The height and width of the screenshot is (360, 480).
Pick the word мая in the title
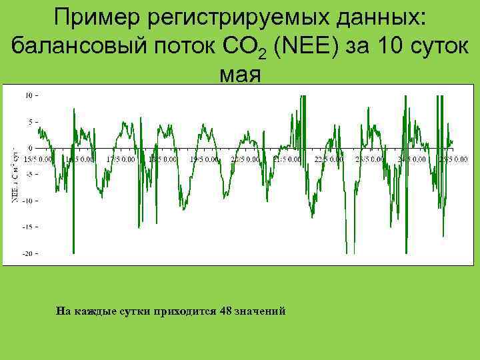[x=239, y=75]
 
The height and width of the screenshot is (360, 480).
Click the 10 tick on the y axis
[x=29, y=95]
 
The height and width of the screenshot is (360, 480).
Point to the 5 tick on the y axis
[x=31, y=121]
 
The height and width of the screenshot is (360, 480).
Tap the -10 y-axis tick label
[x=27, y=201]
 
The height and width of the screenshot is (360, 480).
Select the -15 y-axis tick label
[x=27, y=227]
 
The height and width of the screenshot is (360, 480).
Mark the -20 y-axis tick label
[x=27, y=253]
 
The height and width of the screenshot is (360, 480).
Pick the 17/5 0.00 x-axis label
[x=121, y=159]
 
